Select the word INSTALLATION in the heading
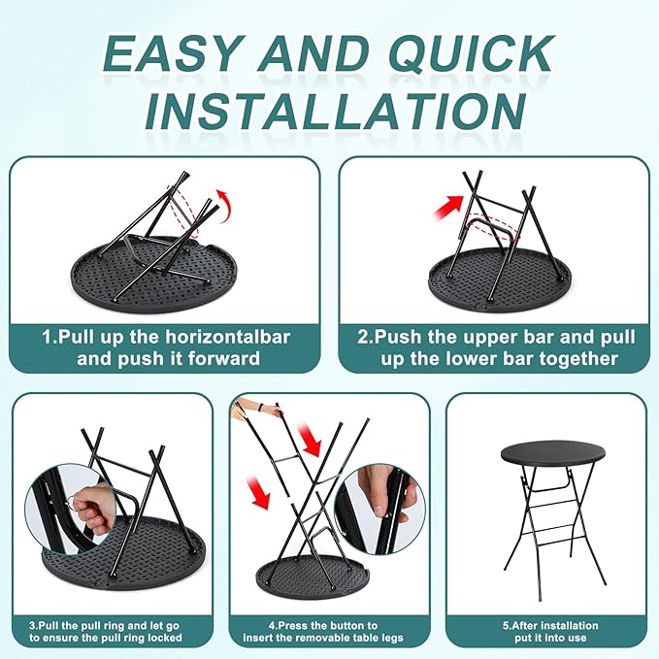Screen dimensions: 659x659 pyautogui.click(x=335, y=111)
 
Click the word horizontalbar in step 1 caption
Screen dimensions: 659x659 pyautogui.click(x=227, y=337)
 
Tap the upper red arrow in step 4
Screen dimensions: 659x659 pyautogui.click(x=309, y=440)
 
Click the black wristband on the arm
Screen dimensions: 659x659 pyautogui.click(x=262, y=408)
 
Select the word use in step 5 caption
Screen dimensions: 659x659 pyautogui.click(x=577, y=638)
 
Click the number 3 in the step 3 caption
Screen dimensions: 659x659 pyautogui.click(x=32, y=626)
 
